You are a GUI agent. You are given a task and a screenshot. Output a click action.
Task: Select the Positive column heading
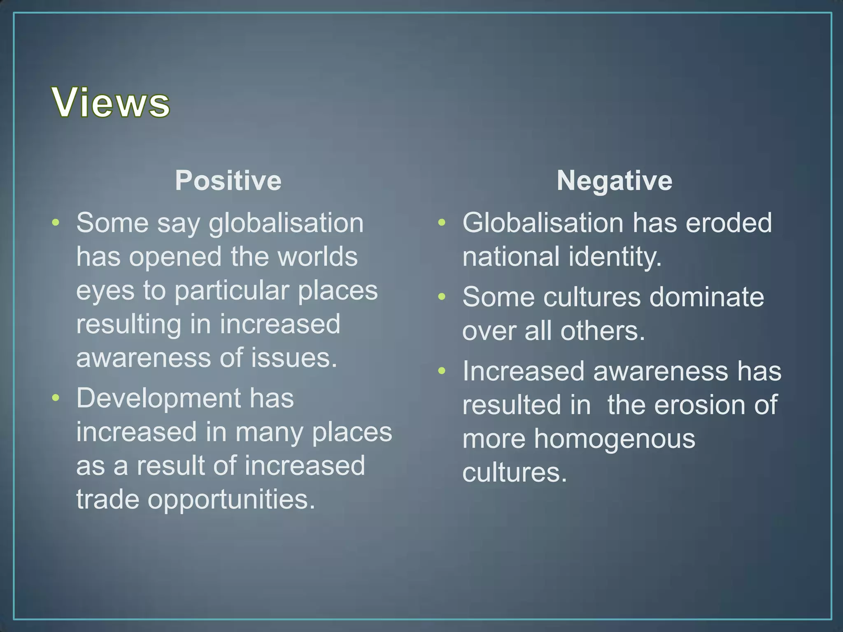pos(228,181)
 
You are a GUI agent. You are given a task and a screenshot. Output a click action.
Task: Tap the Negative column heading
pos(614,181)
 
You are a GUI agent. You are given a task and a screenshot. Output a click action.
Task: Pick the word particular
pos(232,291)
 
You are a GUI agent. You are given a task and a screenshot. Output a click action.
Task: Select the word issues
pos(294,358)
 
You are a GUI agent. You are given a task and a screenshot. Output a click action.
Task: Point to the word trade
pos(108,500)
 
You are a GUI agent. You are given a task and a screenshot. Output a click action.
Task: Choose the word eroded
pos(729,223)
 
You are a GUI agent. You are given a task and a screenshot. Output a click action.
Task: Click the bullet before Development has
pos(56,398)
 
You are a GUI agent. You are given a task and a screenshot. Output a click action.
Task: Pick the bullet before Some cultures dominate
pos(442,297)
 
